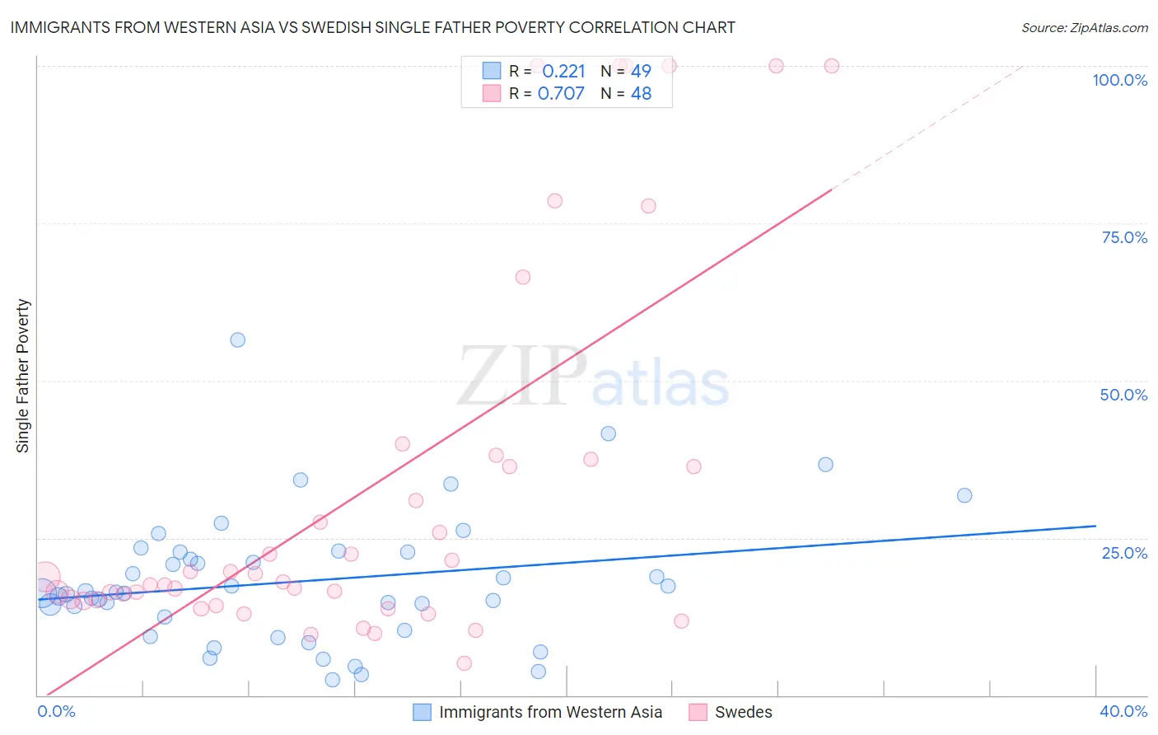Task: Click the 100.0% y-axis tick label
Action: click(1119, 80)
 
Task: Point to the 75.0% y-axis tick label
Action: click(1124, 237)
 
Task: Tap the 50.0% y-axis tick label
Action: click(1123, 395)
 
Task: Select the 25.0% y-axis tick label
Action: click(1124, 552)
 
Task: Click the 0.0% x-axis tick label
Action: click(56, 711)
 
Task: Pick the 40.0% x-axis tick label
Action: click(1123, 711)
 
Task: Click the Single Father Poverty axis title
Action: click(22, 376)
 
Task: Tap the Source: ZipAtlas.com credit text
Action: click(1084, 27)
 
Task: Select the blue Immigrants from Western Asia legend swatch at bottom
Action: click(422, 712)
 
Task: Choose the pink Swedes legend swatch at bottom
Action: click(698, 712)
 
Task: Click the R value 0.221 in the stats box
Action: click(563, 71)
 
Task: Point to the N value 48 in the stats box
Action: click(641, 93)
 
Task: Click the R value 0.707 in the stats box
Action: click(561, 93)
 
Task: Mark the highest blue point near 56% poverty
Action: click(238, 339)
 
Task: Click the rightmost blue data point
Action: click(964, 495)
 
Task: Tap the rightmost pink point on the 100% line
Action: click(832, 66)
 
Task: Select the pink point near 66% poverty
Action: click(523, 277)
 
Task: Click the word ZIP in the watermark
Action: click(521, 377)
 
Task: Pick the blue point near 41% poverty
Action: click(609, 433)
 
